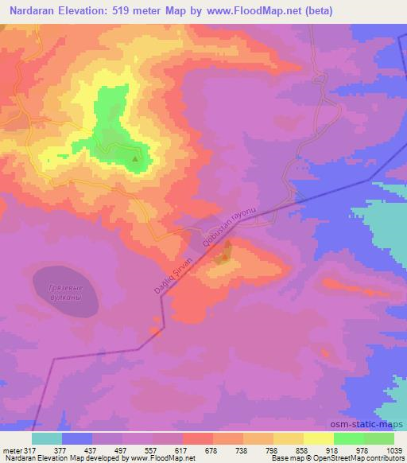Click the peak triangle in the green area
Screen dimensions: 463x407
pyautogui.click(x=134, y=159)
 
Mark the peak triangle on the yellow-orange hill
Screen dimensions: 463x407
pyautogui.click(x=227, y=247)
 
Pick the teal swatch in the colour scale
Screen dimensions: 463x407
pyautogui.click(x=47, y=438)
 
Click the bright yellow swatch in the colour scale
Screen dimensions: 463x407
pyautogui.click(x=318, y=438)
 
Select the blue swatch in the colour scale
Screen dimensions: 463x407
pyautogui.click(x=77, y=438)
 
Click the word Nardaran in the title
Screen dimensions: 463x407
pyautogui.click(x=30, y=11)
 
